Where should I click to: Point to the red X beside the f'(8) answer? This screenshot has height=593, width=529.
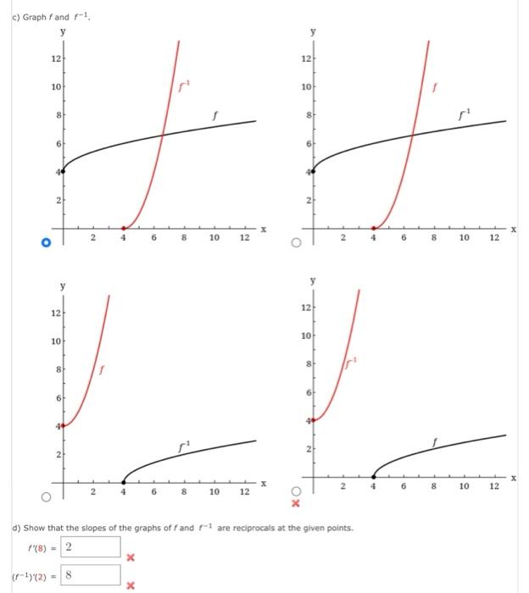[131, 557]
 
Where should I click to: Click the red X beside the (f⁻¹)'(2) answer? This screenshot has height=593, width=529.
[131, 585]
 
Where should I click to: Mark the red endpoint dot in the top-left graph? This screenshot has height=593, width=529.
[124, 228]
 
